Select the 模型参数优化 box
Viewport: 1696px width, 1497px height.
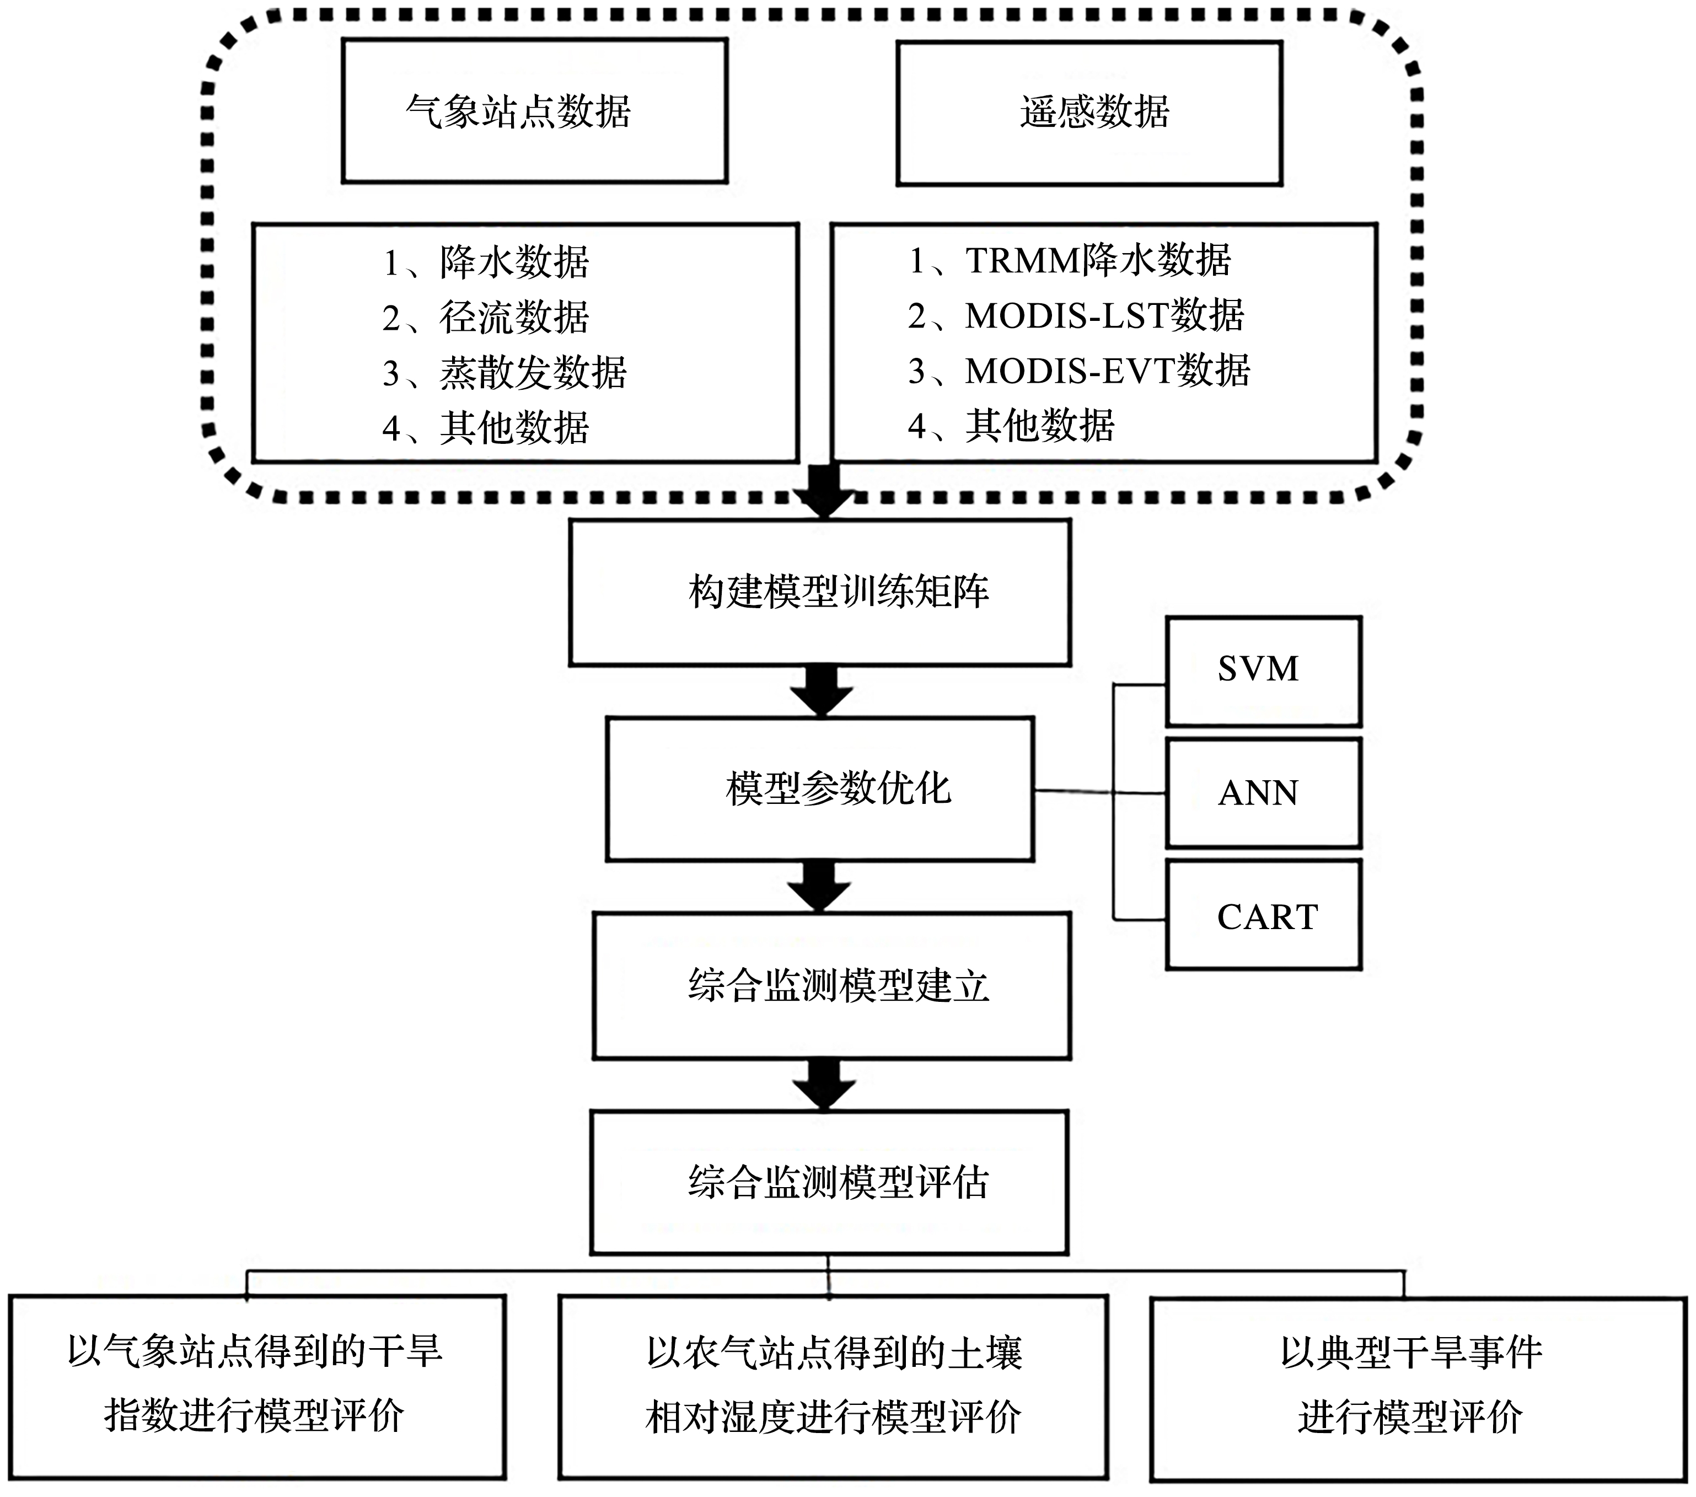[x=820, y=789]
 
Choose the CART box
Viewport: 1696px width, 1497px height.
[x=1264, y=914]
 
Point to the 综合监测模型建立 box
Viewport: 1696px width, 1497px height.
[x=831, y=986]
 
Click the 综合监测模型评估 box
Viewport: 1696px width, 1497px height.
[x=829, y=1183]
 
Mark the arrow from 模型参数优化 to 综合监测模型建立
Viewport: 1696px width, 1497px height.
[x=819, y=886]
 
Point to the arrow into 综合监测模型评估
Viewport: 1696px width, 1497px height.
[x=824, y=1085]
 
